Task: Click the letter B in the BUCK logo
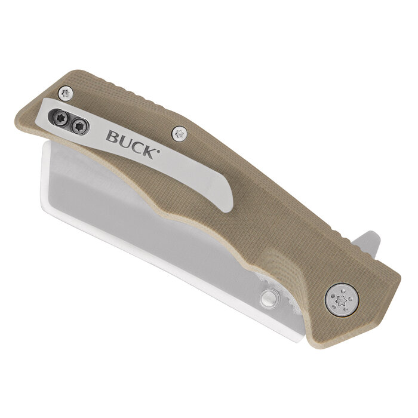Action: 112,137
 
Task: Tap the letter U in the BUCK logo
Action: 124,140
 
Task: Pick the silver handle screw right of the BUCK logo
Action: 178,134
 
